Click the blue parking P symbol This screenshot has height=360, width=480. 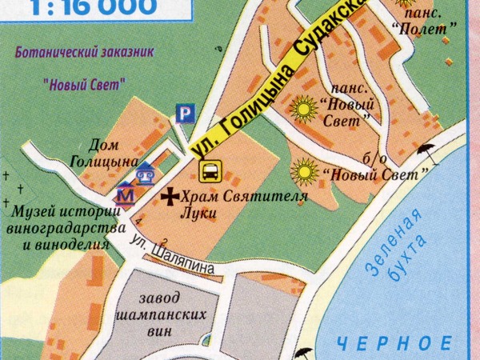click(x=185, y=114)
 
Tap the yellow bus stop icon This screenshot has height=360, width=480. click(x=210, y=170)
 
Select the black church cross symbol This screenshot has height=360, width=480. click(x=170, y=194)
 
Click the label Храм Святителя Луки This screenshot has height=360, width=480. click(x=232, y=205)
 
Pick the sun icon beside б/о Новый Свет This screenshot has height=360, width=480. click(x=304, y=170)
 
